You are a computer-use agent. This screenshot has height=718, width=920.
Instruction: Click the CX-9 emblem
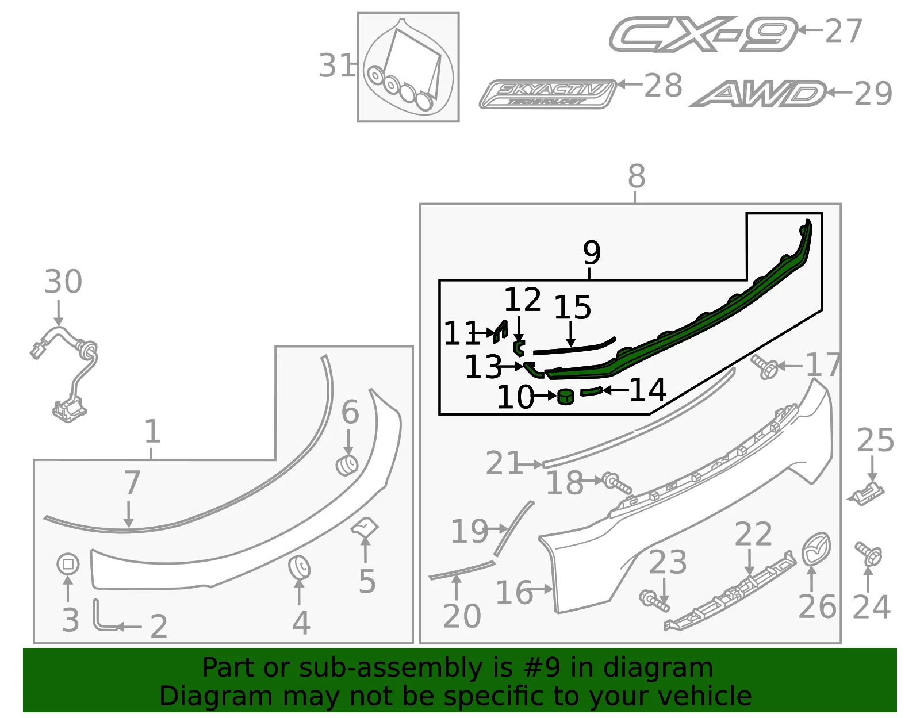click(x=703, y=34)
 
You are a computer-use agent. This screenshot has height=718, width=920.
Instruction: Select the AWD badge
click(x=758, y=94)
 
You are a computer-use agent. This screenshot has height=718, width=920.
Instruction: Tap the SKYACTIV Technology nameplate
click(x=548, y=94)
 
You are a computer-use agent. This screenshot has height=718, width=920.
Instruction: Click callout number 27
click(x=844, y=31)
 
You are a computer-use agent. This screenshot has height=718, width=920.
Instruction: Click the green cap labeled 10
click(x=566, y=397)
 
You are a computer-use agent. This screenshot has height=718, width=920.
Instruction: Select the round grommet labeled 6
click(x=347, y=465)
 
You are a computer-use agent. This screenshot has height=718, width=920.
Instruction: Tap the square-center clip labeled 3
click(x=68, y=564)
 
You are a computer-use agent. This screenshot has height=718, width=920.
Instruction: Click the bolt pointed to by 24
click(x=868, y=554)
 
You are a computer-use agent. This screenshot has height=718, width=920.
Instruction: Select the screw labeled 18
click(x=617, y=483)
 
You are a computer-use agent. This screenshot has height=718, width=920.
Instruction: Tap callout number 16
click(x=514, y=592)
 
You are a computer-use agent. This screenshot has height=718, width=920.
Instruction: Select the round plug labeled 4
click(x=300, y=567)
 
